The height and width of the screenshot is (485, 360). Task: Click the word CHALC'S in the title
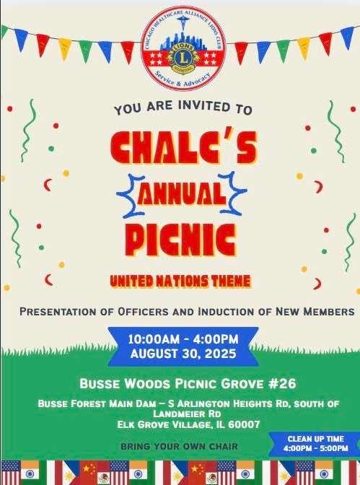click(184, 148)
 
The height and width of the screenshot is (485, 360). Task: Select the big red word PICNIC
click(180, 240)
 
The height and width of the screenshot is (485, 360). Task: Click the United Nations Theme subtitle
click(180, 281)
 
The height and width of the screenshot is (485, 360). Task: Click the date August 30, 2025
click(183, 353)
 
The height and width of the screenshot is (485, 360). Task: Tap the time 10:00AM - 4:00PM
click(183, 339)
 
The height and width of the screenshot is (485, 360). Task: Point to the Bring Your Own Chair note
click(180, 446)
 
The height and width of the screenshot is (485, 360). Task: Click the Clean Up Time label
click(315, 439)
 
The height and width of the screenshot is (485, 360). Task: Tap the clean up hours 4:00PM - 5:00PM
click(315, 448)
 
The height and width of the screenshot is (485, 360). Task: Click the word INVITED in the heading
click(204, 106)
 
